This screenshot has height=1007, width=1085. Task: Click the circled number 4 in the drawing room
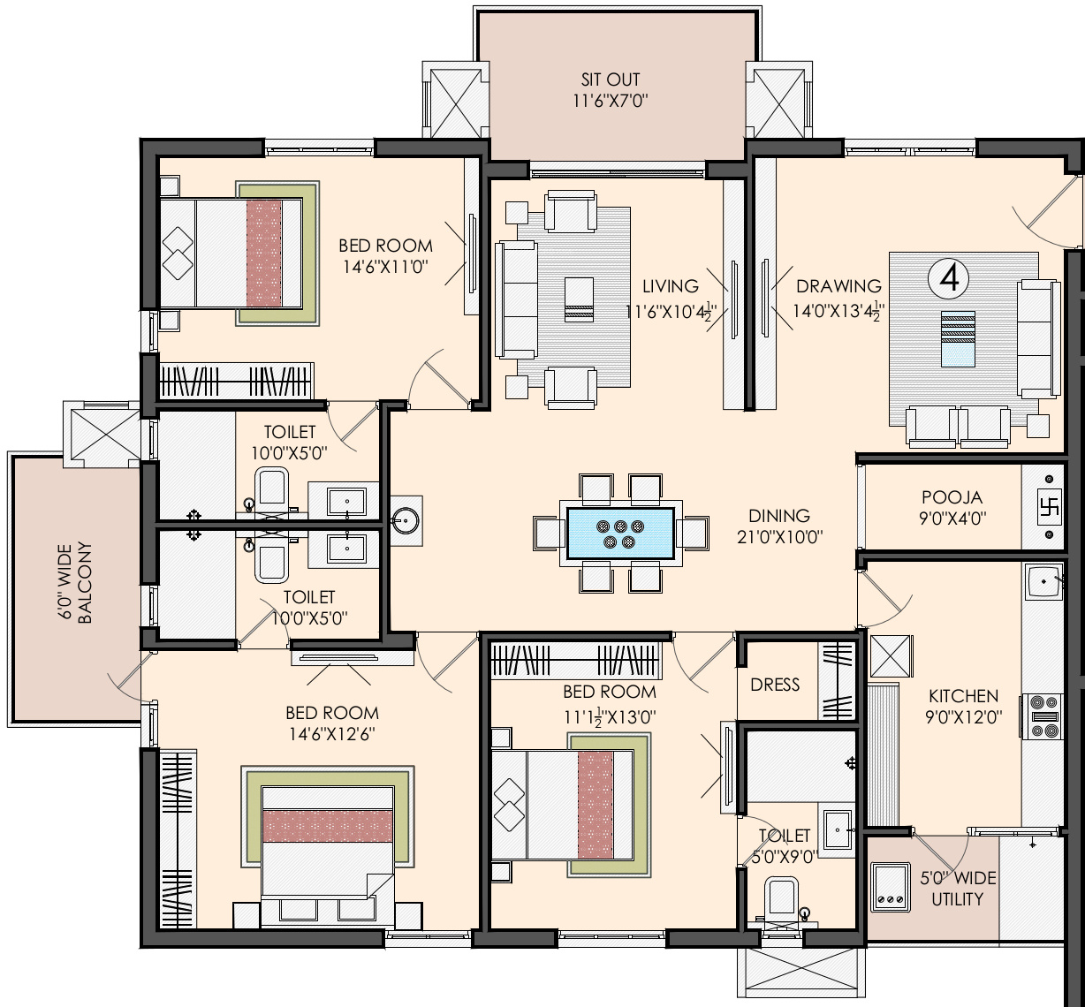948,279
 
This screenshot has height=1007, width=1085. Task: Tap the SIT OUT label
611,79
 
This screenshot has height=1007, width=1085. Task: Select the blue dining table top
620,533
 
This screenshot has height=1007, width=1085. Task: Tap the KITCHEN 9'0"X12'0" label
963,706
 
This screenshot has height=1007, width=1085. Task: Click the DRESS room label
775,685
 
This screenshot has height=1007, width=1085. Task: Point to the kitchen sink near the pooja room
1044,582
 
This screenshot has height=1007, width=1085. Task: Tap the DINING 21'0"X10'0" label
779,526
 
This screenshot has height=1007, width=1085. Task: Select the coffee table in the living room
579,299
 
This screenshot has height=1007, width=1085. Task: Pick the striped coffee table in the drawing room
958,339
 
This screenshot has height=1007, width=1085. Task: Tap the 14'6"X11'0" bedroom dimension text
385,267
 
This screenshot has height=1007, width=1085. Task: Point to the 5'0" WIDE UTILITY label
957,888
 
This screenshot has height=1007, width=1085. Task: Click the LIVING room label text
671,286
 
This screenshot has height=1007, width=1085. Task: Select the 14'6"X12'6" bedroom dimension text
331,734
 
